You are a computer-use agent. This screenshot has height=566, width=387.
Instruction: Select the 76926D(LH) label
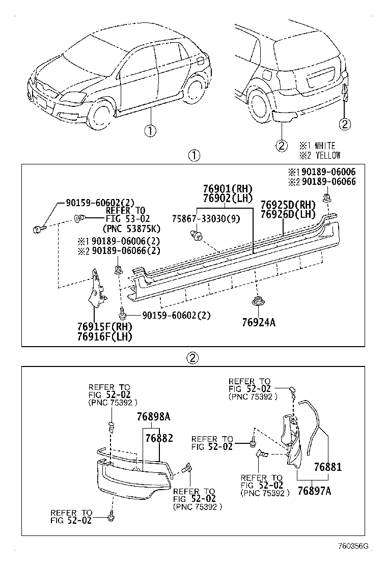point(288,214)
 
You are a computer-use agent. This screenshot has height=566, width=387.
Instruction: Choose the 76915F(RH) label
point(104,327)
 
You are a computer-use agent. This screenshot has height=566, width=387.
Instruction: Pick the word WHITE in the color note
point(325,146)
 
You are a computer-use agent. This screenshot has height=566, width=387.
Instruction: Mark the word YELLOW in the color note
point(327,155)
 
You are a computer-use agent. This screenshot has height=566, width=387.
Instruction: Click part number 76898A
point(153,417)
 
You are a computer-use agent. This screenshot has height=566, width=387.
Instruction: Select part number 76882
point(159,437)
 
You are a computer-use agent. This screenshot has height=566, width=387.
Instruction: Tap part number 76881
point(327,467)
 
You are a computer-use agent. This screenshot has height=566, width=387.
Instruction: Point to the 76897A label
point(314,491)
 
